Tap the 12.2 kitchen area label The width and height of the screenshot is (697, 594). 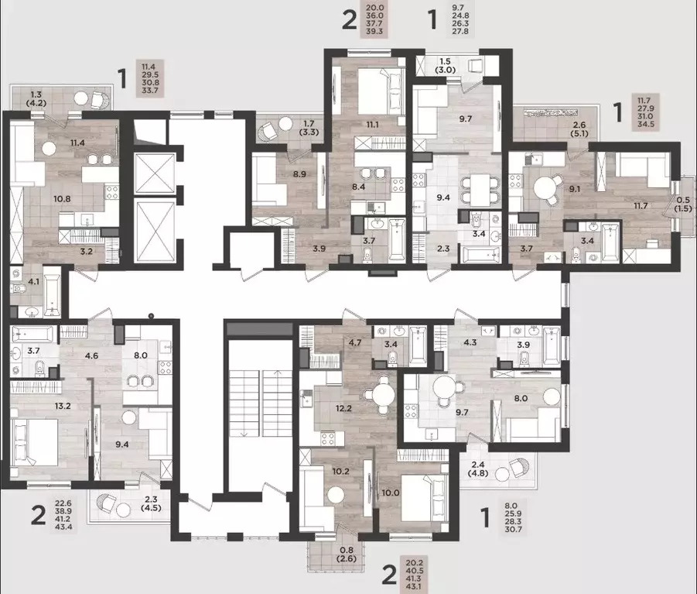coord(343,407)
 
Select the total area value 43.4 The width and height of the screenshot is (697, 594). coord(63,527)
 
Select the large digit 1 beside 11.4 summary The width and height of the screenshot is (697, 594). coord(121,79)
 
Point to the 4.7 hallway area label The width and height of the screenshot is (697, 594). coord(355,342)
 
